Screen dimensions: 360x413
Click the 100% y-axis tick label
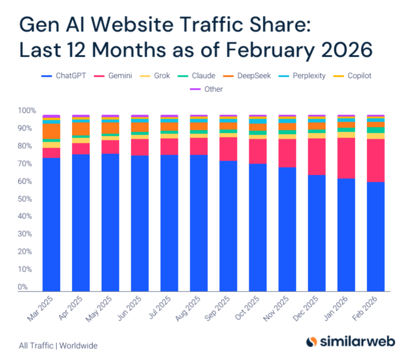[x=27, y=111]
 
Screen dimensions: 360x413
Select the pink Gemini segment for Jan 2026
[x=346, y=158]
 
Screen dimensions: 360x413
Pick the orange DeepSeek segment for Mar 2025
[x=51, y=131]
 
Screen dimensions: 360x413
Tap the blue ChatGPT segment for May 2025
[x=110, y=222]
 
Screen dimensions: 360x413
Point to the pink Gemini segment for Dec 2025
[x=317, y=156]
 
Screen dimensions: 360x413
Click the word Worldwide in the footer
[x=78, y=345]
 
